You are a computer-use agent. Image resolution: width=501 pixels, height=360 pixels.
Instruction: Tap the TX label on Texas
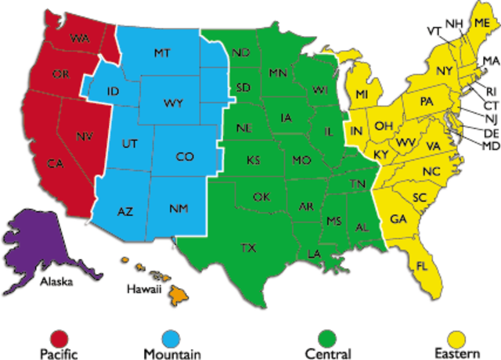click(248, 248)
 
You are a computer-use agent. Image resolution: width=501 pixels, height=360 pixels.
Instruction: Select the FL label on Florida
click(422, 267)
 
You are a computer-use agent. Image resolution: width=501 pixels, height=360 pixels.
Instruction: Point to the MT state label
click(162, 52)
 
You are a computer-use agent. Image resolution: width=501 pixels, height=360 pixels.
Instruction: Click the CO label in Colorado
click(185, 157)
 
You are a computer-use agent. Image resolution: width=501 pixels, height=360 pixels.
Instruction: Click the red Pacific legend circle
click(59, 337)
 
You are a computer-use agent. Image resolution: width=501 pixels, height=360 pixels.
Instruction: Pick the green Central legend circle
click(327, 337)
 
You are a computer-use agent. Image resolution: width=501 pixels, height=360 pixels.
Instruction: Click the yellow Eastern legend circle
click(456, 337)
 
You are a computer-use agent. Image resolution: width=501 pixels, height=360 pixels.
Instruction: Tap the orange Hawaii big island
click(178, 294)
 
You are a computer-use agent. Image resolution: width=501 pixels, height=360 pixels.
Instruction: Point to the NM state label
click(178, 209)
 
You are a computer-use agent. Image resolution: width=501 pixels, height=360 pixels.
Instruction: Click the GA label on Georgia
click(398, 218)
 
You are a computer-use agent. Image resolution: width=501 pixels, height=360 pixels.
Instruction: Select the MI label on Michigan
click(362, 95)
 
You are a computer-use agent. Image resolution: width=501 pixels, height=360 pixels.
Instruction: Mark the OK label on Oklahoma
click(261, 196)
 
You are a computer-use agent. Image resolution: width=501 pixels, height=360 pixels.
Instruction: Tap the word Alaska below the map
click(56, 279)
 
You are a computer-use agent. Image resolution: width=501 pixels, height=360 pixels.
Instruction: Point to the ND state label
click(241, 53)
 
